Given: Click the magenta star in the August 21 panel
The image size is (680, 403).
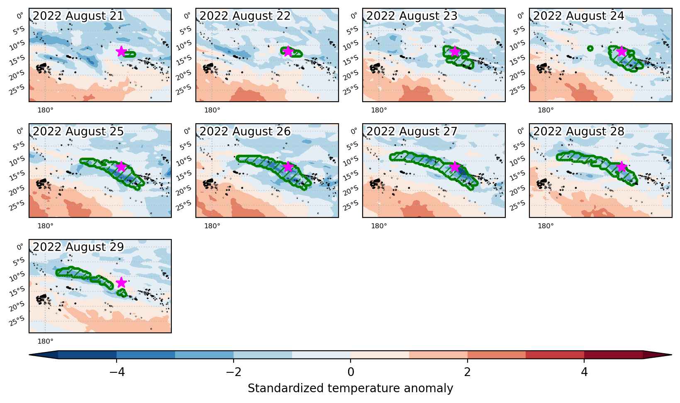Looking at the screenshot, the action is [121, 51].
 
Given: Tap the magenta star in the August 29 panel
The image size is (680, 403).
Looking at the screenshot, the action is [121, 283].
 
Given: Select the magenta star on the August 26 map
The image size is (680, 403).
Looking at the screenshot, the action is [288, 167].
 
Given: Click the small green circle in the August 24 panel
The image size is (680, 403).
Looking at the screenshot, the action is [590, 48].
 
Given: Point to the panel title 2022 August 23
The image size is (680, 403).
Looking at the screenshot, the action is [412, 16].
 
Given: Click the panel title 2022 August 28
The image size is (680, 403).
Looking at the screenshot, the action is [579, 131].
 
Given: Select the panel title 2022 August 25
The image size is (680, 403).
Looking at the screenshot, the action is [78, 131].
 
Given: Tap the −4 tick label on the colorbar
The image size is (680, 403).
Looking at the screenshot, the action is [117, 372].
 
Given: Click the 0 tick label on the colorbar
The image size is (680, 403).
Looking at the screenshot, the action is [351, 372].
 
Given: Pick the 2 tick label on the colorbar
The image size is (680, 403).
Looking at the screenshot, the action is [468, 372].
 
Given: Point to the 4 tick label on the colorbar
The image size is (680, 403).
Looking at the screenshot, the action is [585, 372].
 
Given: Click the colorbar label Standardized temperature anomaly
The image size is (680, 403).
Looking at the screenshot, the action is [350, 388].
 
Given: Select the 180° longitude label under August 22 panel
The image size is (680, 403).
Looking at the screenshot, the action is [212, 110].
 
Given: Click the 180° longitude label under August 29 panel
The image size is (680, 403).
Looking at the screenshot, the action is [45, 341].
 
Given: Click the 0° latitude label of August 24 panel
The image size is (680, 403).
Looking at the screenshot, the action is [520, 15].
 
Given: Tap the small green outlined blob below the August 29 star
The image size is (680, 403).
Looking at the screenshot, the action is [122, 293].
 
